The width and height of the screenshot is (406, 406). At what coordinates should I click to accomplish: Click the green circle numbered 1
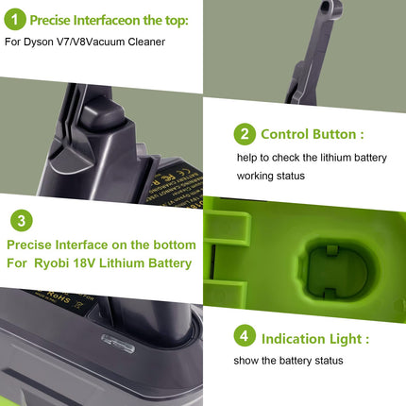pyautogui.click(x=15, y=20)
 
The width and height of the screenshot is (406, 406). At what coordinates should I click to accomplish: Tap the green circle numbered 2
pyautogui.click(x=245, y=134)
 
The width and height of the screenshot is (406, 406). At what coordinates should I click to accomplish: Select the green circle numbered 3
pyautogui.click(x=22, y=221)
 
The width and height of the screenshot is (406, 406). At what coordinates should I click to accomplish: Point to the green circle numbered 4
pyautogui.click(x=245, y=336)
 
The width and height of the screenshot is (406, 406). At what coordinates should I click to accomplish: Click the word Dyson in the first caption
pyautogui.click(x=39, y=42)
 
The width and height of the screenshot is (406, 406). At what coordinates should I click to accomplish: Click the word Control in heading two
pyautogui.click(x=285, y=134)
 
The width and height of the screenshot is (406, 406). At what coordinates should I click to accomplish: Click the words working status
pyautogui.click(x=271, y=176)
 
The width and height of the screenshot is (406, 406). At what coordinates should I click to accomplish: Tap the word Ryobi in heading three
pyautogui.click(x=51, y=263)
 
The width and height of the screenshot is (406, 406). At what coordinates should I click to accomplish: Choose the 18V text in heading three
pyautogui.click(x=84, y=263)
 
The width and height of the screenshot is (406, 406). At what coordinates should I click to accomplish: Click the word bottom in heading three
pyautogui.click(x=175, y=245)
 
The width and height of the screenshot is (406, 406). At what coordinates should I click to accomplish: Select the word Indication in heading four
pyautogui.click(x=294, y=339)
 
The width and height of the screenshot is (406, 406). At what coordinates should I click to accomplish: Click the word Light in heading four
pyautogui.click(x=346, y=339)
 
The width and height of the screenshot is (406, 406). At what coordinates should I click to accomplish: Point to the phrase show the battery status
pyautogui.click(x=288, y=361)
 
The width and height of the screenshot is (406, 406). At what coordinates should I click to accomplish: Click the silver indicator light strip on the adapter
pyautogui.click(x=118, y=344)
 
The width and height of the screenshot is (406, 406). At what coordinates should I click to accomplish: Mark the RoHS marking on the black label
pyautogui.click(x=58, y=296)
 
